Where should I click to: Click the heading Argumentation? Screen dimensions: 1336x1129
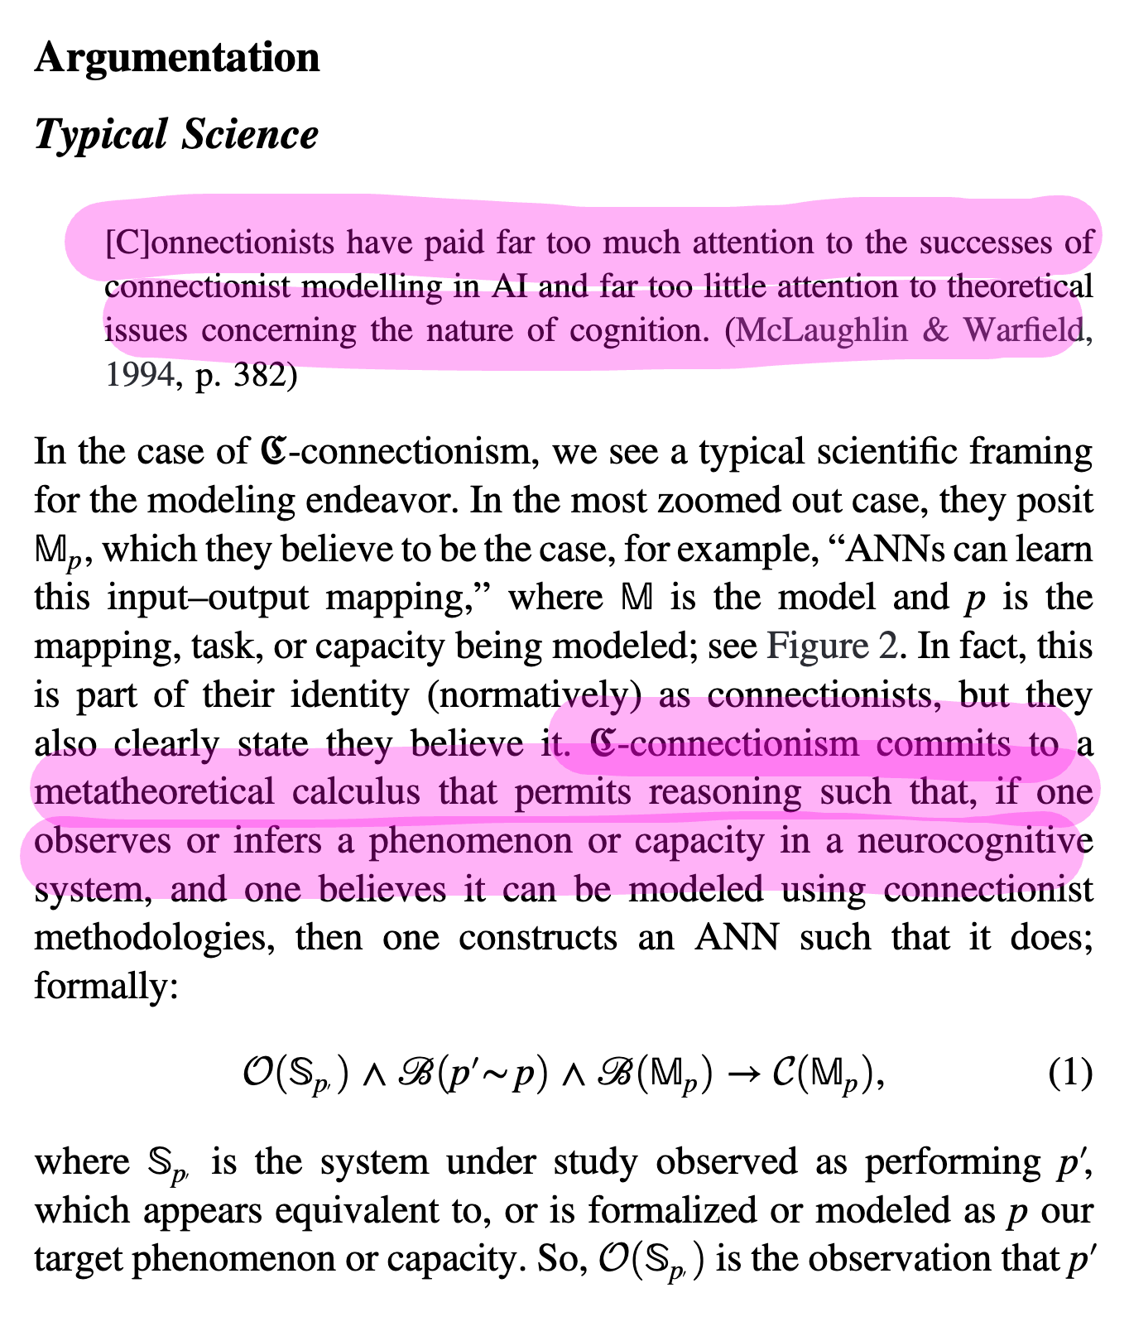tap(177, 58)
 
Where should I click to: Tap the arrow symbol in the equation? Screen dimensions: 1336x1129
tap(747, 1075)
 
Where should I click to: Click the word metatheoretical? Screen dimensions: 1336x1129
tap(154, 792)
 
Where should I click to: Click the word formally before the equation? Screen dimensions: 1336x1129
tap(105, 986)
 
